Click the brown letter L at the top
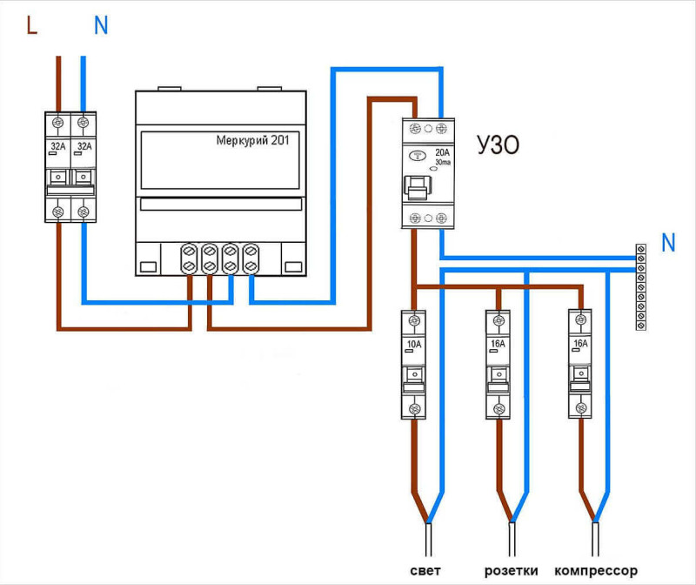pos(31,25)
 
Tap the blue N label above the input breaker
pos(101,25)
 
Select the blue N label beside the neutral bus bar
pos(668,243)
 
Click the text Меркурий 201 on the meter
pos(252,140)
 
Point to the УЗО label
pos(498,145)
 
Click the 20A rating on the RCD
pos(442,152)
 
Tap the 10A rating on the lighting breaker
pos(414,344)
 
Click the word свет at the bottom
pos(425,570)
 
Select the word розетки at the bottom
pos(511,571)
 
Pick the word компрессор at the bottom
pos(596,571)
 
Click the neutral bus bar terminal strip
pos(640,287)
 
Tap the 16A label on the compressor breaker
pos(580,343)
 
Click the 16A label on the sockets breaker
pos(498,343)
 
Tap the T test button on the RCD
pos(418,156)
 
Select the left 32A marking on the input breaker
pos(57,146)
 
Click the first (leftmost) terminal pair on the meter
pos(189,258)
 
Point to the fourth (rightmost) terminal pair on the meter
pos(251,258)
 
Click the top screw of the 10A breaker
pos(414,320)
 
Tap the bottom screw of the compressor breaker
pos(580,407)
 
